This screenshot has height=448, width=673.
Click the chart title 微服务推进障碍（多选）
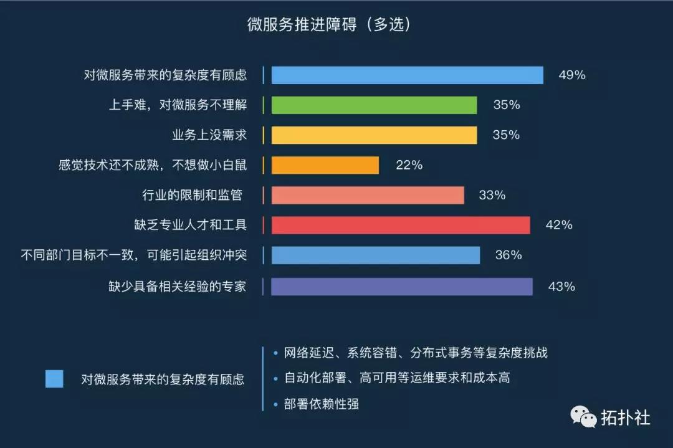coord(329,24)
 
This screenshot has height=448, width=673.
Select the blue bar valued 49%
coord(408,75)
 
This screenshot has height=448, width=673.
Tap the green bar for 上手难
coord(374,105)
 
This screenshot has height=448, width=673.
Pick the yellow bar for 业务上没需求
coord(374,135)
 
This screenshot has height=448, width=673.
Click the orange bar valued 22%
coord(325,165)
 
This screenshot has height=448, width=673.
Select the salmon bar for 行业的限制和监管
coord(368,195)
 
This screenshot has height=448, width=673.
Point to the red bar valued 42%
coord(401,226)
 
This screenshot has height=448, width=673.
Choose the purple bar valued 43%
coord(402,287)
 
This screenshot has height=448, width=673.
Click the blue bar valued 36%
coord(376,255)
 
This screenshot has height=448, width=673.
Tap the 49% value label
coord(571,75)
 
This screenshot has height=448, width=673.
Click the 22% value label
coord(409,165)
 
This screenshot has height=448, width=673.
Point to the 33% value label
coord(492,195)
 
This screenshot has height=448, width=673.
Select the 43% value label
coord(561,287)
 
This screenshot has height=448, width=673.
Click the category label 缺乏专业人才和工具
coord(191,225)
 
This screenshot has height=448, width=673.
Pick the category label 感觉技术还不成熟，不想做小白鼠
coord(153,164)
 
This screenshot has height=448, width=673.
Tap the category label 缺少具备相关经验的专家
coord(178,286)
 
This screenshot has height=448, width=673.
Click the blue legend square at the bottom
coord(54,379)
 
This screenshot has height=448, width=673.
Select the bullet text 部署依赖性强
coord(322,404)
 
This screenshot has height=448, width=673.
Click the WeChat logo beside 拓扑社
coord(583,417)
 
